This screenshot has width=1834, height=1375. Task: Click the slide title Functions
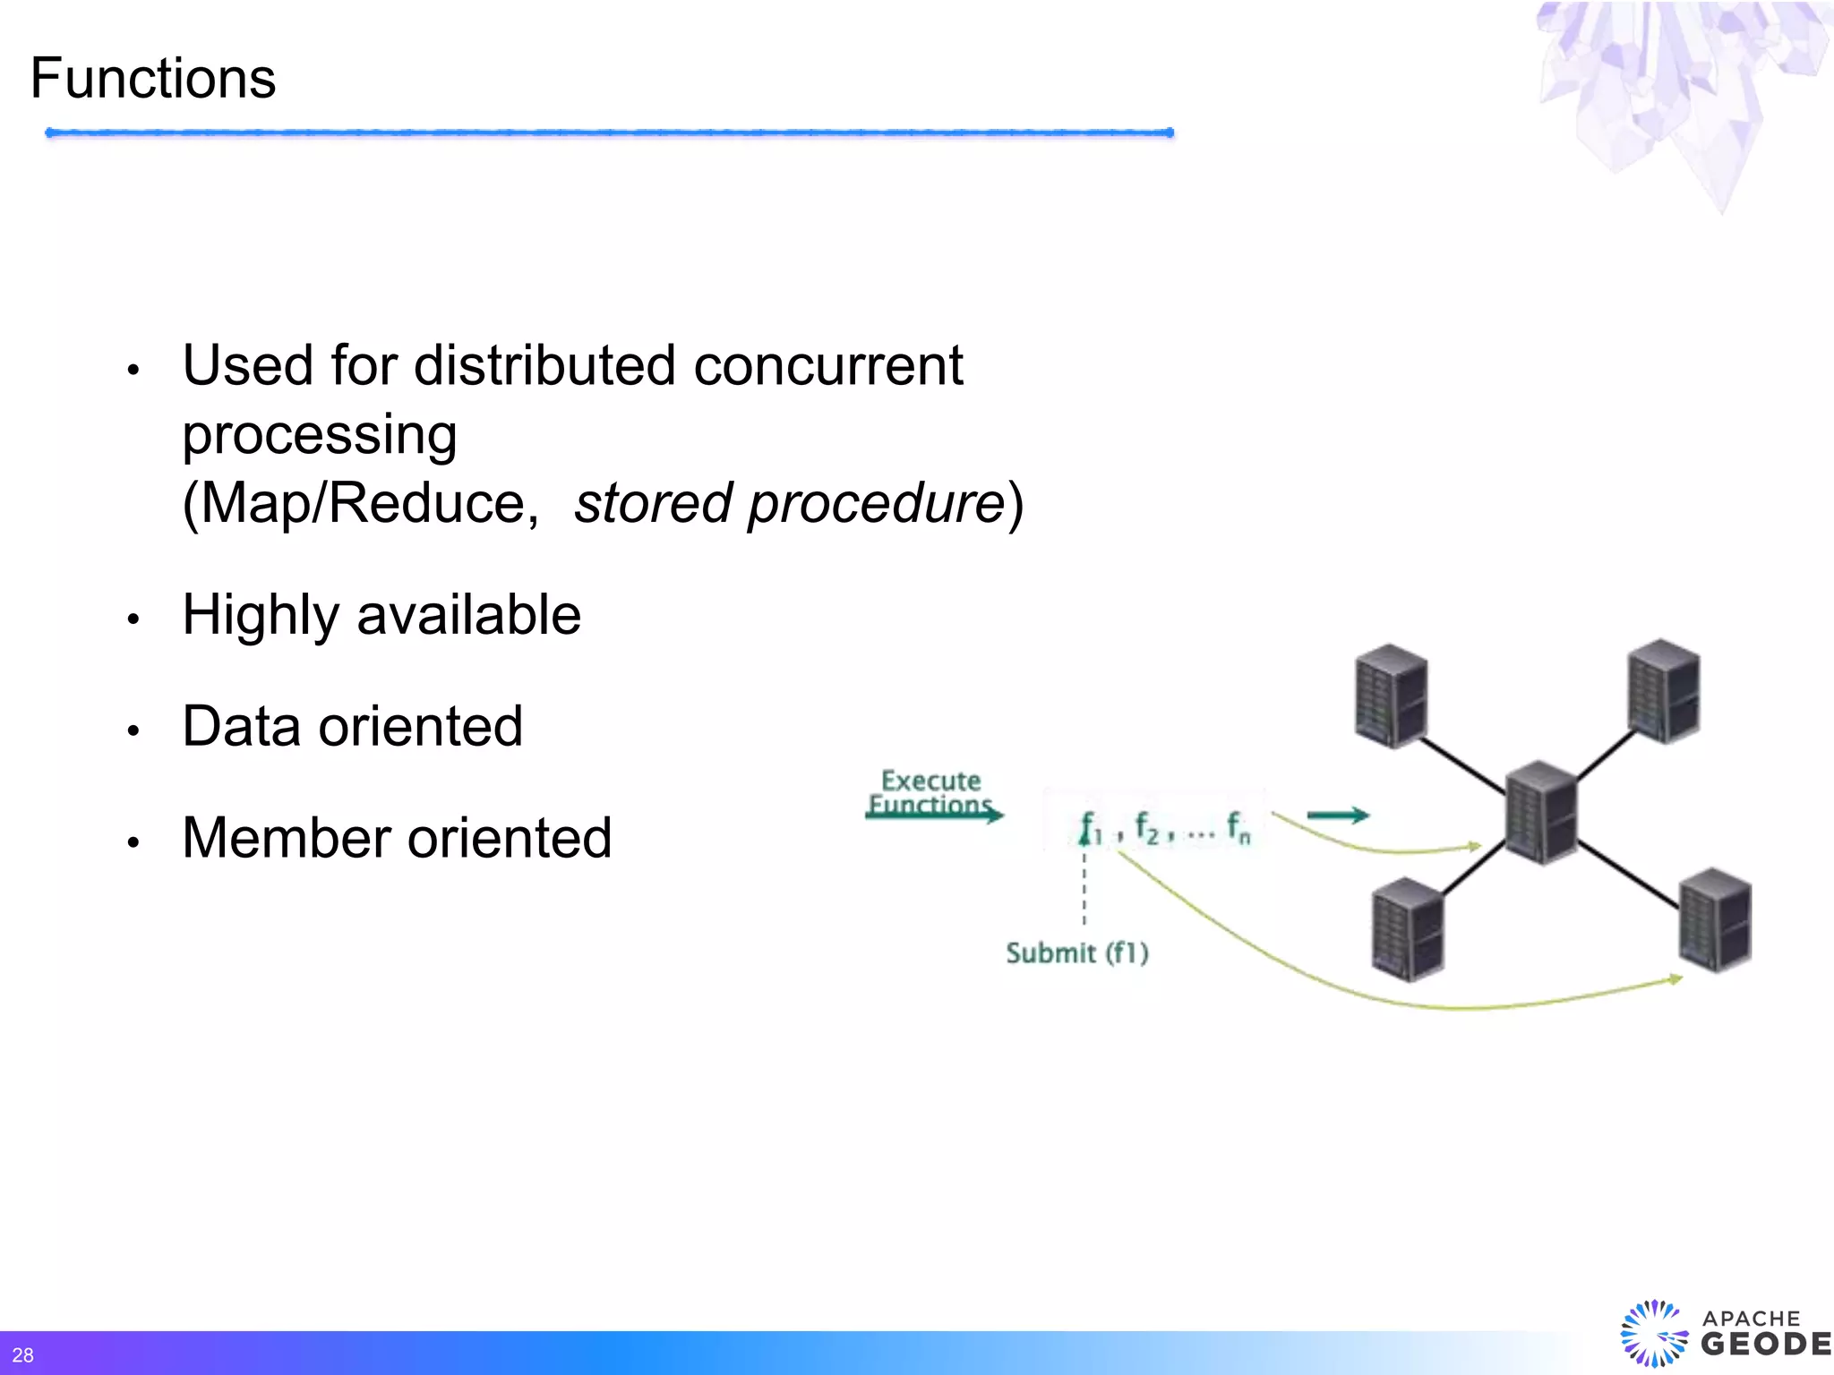153,79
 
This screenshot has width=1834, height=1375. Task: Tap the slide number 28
22,1355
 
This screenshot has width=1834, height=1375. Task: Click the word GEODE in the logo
1765,1344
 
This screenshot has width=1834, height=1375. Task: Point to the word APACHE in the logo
1751,1318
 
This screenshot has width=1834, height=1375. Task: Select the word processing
320,436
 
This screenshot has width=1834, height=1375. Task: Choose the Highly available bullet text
381,615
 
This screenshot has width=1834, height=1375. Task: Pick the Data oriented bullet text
353,726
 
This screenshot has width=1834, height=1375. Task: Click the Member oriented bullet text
397,838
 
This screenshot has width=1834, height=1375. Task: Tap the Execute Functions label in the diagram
930,792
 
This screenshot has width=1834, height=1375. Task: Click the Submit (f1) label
1076,952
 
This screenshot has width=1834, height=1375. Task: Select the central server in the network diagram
1540,812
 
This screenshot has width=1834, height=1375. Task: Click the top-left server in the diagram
1391,696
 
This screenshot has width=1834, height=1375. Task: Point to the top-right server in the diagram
1663,690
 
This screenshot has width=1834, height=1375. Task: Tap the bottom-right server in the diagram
1714,919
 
